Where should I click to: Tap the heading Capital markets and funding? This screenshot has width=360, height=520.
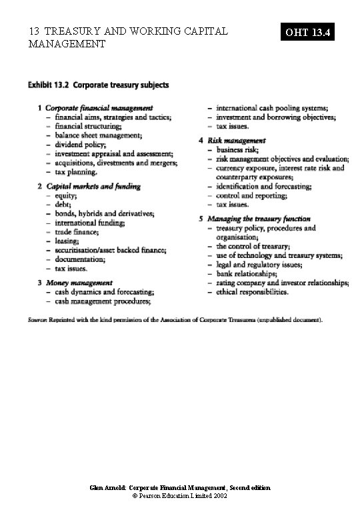click(93, 187)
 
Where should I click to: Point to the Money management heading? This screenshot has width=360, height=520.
click(79, 283)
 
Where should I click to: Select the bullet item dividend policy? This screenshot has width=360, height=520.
click(79, 144)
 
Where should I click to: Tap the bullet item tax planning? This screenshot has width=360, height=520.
click(75, 171)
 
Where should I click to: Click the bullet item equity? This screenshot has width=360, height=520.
click(66, 196)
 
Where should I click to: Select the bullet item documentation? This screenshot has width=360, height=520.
click(81, 259)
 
